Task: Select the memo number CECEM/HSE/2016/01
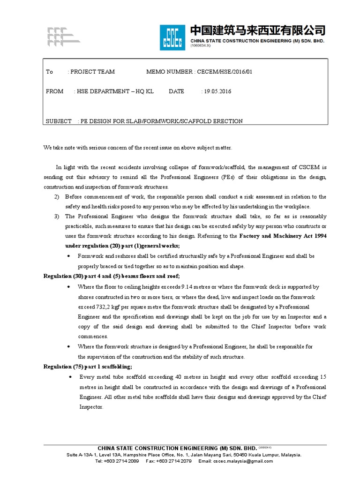click(226, 72)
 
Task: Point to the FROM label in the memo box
click(54, 91)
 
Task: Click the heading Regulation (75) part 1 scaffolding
click(88, 367)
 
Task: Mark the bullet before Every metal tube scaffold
click(70, 377)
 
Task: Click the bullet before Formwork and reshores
click(70, 256)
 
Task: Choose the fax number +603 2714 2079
click(176, 461)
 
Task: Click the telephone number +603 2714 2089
click(123, 461)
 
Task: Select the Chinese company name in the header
click(257, 31)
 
